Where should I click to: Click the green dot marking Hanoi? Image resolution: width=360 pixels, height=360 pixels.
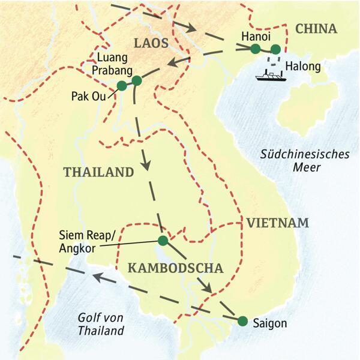pyautogui.click(x=255, y=49)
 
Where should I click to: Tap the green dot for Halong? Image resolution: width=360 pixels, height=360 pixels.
pyautogui.click(x=275, y=49)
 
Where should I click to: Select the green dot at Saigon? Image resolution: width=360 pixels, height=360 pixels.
pyautogui.click(x=242, y=321)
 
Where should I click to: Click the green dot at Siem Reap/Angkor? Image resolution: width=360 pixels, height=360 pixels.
pyautogui.click(x=163, y=241)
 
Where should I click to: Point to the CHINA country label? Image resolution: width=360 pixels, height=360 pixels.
pyautogui.click(x=316, y=29)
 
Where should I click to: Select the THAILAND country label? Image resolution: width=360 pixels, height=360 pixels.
pyautogui.click(x=98, y=172)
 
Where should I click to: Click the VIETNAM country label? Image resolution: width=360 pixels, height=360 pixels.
pyautogui.click(x=277, y=224)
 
